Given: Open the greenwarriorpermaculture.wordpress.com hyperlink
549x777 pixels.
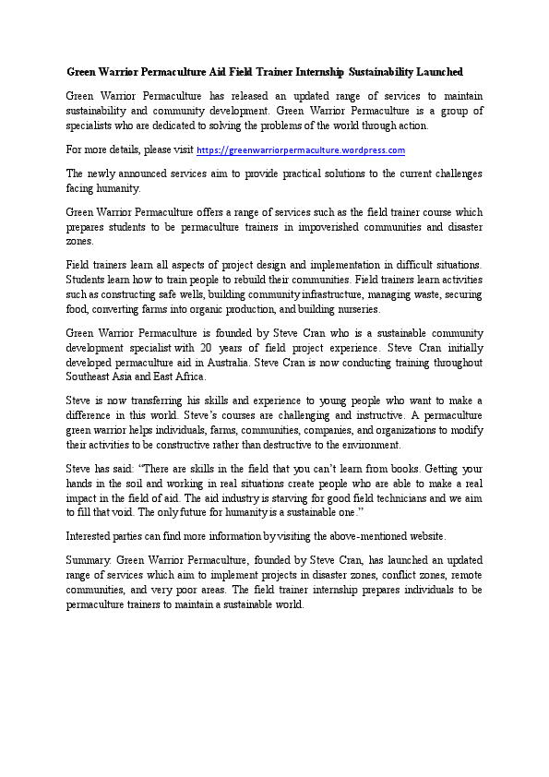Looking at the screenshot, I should (x=301, y=149).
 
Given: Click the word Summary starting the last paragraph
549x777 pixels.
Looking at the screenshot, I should (x=88, y=560).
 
